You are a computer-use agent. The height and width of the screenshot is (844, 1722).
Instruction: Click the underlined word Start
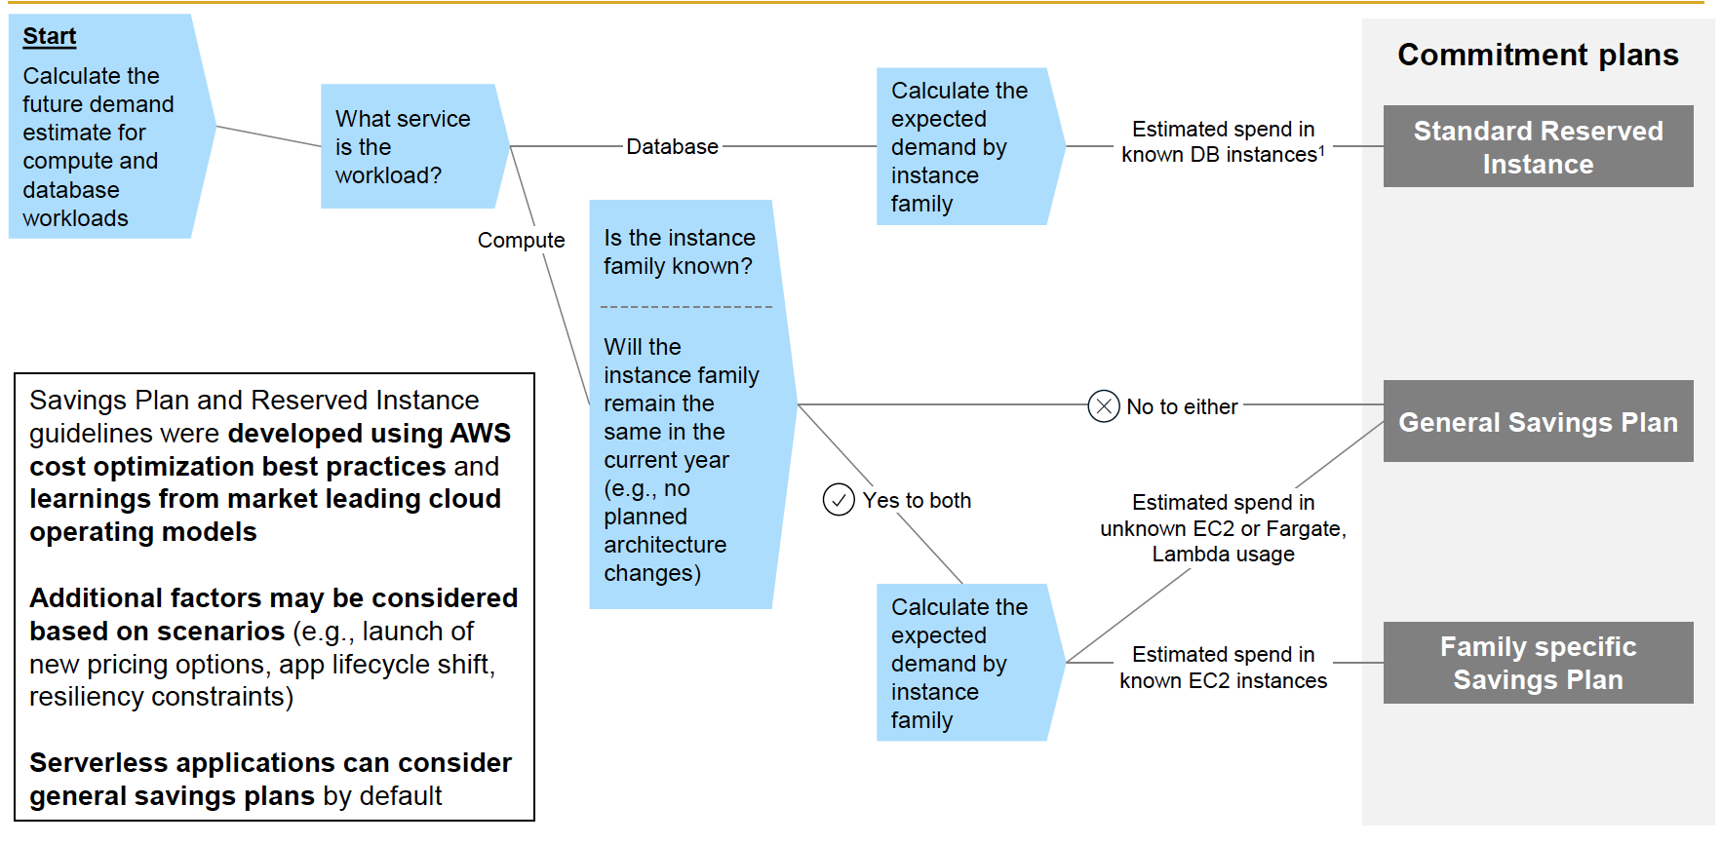[x=49, y=37]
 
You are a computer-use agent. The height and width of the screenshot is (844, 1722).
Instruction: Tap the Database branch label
[x=672, y=147]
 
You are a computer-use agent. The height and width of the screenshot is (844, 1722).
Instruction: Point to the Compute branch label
[x=521, y=241]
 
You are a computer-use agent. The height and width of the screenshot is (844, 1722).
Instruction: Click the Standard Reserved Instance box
[x=1538, y=147]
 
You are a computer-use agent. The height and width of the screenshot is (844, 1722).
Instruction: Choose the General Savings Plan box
[x=1538, y=422]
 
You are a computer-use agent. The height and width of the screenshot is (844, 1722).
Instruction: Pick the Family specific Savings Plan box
[x=1538, y=663]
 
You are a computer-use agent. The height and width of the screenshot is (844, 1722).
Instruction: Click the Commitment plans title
[x=1538, y=55]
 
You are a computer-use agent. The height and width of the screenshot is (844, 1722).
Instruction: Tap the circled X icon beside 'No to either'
[x=1103, y=405]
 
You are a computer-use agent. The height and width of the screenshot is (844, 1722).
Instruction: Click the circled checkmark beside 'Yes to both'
[x=839, y=500]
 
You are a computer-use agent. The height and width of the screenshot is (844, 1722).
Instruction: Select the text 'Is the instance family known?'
[x=679, y=251]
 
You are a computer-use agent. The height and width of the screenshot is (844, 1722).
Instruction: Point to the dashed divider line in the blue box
[x=685, y=307]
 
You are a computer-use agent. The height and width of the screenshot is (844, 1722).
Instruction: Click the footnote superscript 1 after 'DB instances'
[x=1321, y=150]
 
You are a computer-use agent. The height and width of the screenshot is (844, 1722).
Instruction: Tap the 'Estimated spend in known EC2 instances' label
[x=1223, y=668]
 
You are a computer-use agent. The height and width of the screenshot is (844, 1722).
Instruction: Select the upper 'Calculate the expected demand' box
[x=960, y=147]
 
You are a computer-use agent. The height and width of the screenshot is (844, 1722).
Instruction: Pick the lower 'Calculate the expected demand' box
[x=960, y=663]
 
